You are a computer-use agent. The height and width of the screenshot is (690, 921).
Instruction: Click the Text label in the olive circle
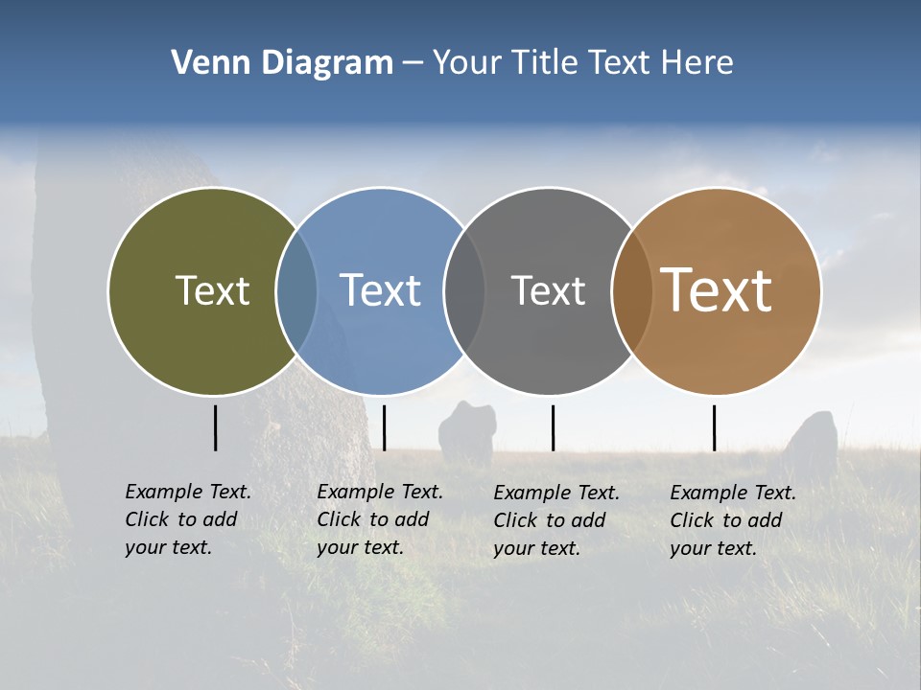coord(212,290)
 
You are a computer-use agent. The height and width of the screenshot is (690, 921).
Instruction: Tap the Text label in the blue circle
coord(380,290)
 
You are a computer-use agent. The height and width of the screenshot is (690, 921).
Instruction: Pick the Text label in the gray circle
coord(548,290)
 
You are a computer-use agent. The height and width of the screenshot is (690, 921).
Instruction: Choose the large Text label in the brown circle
coord(717,290)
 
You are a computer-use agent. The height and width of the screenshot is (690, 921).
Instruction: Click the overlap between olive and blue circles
coord(296,291)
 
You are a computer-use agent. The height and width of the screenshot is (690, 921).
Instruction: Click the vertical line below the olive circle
coord(215,427)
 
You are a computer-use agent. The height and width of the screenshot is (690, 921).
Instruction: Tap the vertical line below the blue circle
coord(384,427)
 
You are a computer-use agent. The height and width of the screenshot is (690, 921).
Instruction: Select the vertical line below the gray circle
coord(553,427)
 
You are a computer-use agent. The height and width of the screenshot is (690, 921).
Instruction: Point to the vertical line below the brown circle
coord(714,427)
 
